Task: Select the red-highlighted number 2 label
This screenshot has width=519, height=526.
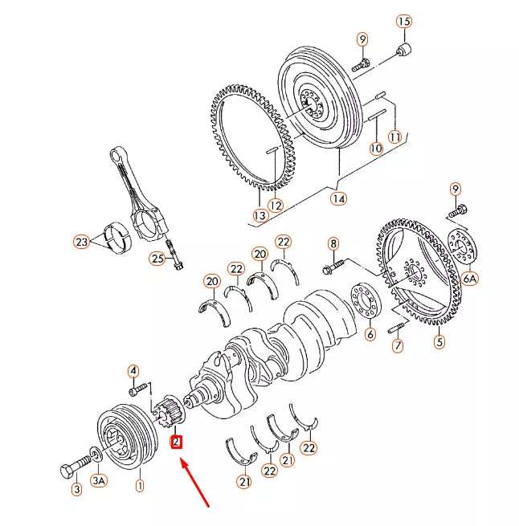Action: click(177, 441)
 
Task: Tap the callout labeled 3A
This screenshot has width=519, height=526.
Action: click(98, 480)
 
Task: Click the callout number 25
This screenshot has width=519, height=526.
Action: click(157, 258)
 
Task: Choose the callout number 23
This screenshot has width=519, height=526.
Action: click(80, 240)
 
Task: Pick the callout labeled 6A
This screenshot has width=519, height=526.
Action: click(470, 278)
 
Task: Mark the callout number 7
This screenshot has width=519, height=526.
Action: click(397, 346)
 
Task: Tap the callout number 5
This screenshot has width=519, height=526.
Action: click(439, 342)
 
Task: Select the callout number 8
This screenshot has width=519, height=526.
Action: click(333, 243)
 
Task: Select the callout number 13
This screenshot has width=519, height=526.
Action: click(259, 215)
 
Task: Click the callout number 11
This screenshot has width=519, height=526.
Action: click(394, 136)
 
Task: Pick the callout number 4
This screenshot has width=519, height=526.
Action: click(133, 370)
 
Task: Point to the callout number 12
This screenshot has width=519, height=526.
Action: click(276, 205)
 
